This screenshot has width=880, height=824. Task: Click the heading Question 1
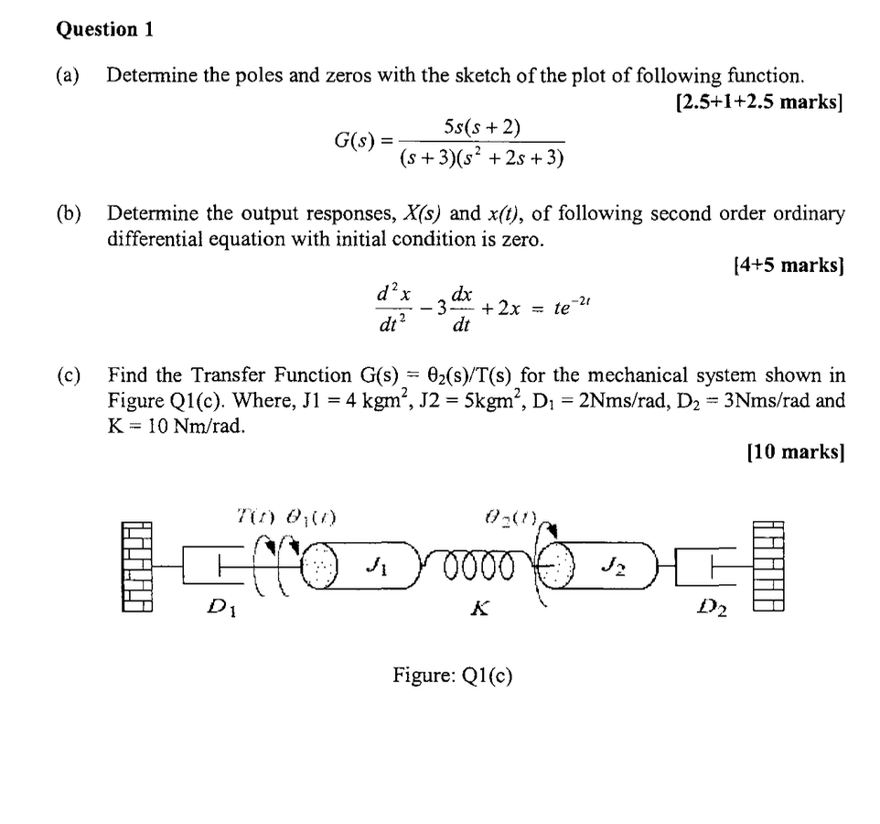[104, 29]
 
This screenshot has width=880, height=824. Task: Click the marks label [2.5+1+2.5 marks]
[757, 102]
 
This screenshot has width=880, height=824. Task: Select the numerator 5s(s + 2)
[482, 125]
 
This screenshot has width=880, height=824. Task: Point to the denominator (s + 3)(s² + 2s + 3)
[482, 158]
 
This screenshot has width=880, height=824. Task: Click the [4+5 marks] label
[788, 266]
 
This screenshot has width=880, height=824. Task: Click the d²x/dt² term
[393, 308]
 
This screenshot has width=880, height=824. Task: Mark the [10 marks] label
[795, 450]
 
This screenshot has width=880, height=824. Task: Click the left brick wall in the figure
[136, 565]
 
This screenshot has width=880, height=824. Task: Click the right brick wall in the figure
[769, 565]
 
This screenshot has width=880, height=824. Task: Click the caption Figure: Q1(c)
[453, 676]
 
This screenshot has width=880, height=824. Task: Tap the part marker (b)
[69, 214]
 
